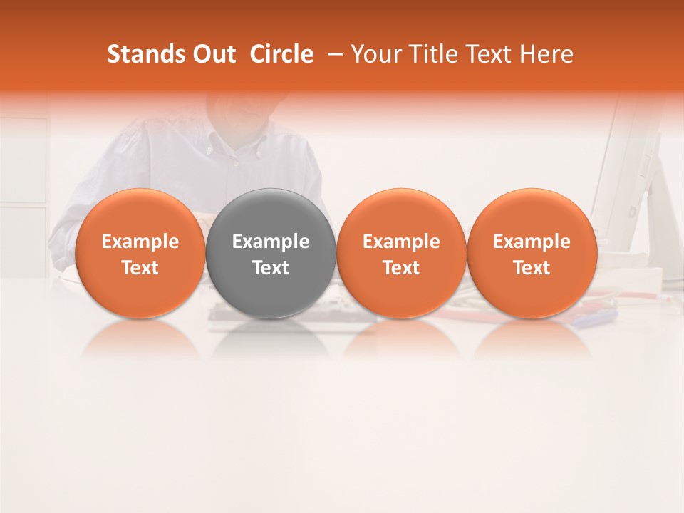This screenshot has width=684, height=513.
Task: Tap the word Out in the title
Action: (x=214, y=54)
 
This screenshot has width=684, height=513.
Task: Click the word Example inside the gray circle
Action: (x=271, y=242)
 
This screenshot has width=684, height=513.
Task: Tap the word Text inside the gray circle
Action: (x=271, y=268)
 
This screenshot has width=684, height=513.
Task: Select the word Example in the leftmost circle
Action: (x=140, y=242)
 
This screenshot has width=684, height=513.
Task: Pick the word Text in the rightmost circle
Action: (x=532, y=268)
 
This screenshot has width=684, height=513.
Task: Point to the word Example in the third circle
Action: (x=401, y=242)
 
